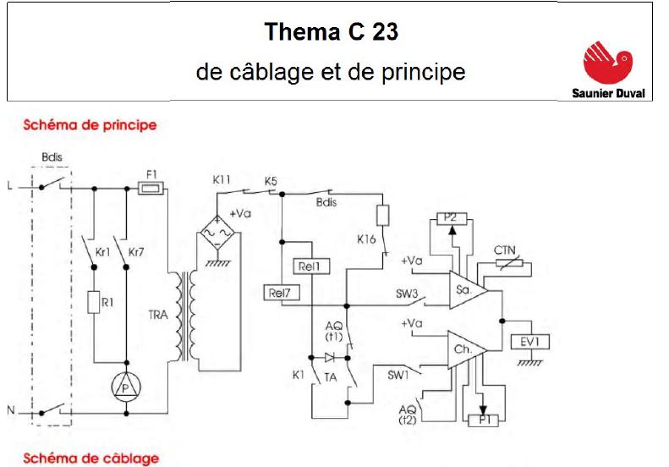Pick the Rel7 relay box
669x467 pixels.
pos(280,294)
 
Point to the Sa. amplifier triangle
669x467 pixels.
pos(466,290)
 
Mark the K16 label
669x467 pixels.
pos(366,239)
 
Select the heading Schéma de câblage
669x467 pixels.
pos(90,459)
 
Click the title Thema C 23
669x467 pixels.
pos(331,33)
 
